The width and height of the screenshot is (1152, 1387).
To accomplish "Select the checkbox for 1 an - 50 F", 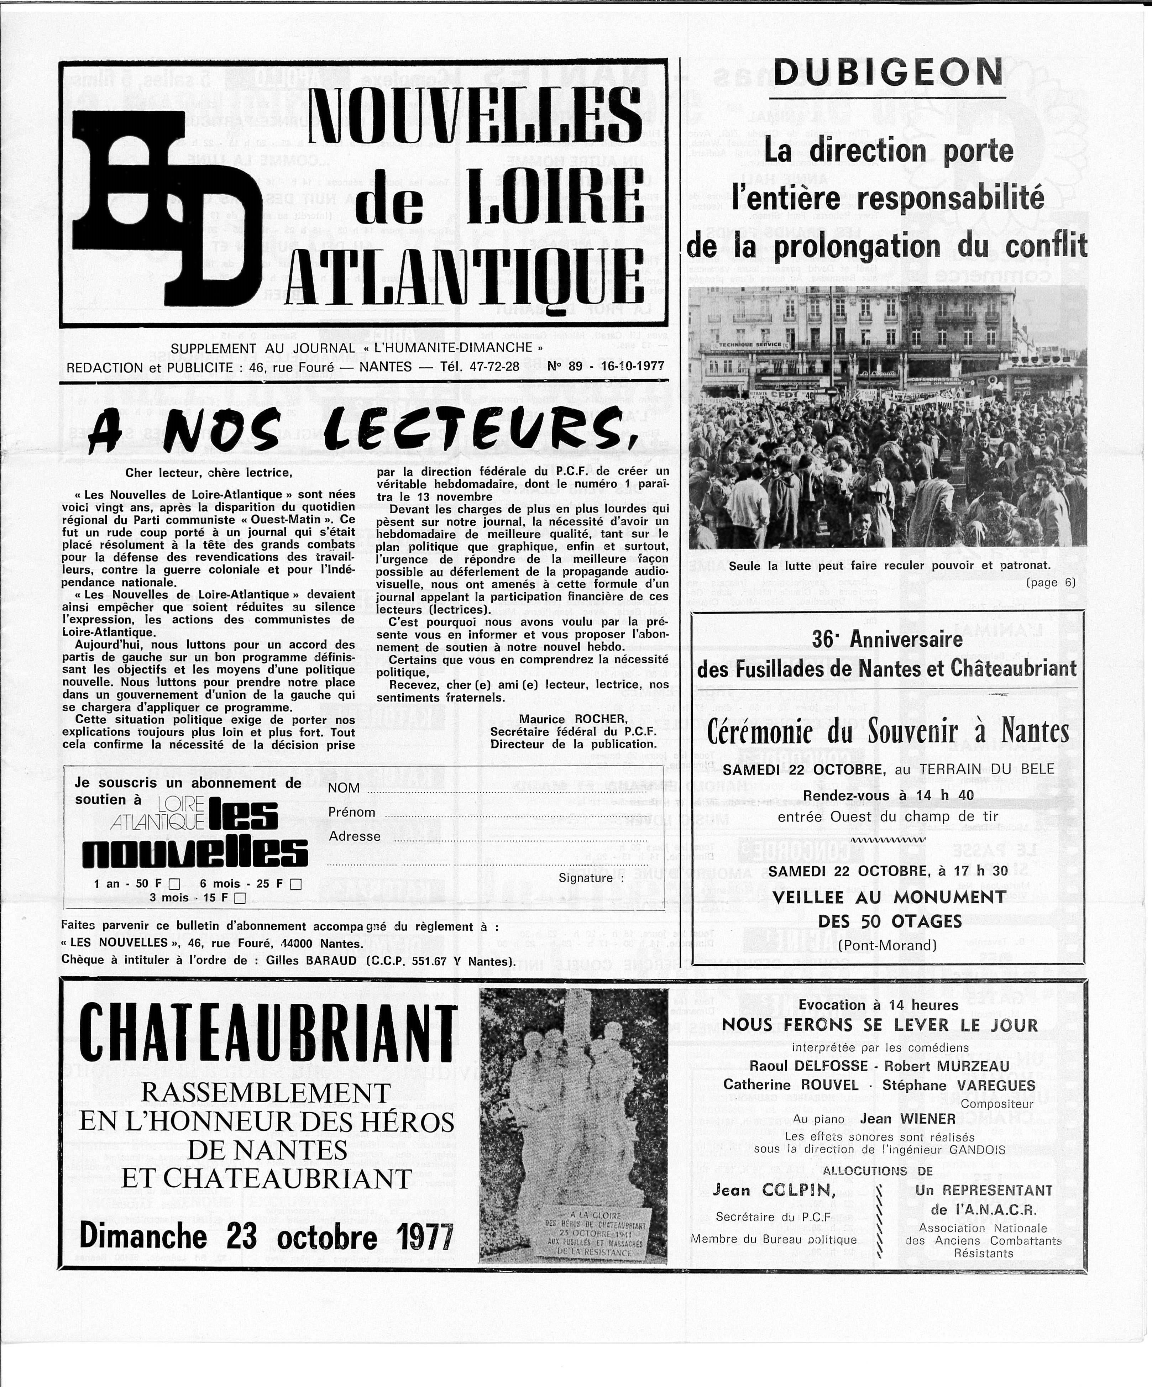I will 174,884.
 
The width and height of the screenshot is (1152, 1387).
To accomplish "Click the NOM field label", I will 344,788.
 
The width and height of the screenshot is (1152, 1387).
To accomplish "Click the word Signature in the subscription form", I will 585,878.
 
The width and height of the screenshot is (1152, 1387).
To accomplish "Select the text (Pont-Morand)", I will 887,945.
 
